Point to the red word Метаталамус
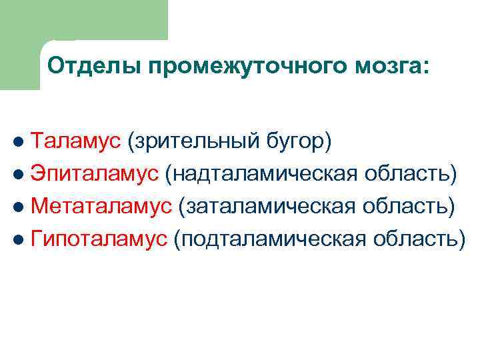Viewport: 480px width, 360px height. tap(101, 206)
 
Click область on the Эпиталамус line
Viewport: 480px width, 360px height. tap(411, 174)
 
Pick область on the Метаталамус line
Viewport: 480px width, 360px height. tap(411, 207)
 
